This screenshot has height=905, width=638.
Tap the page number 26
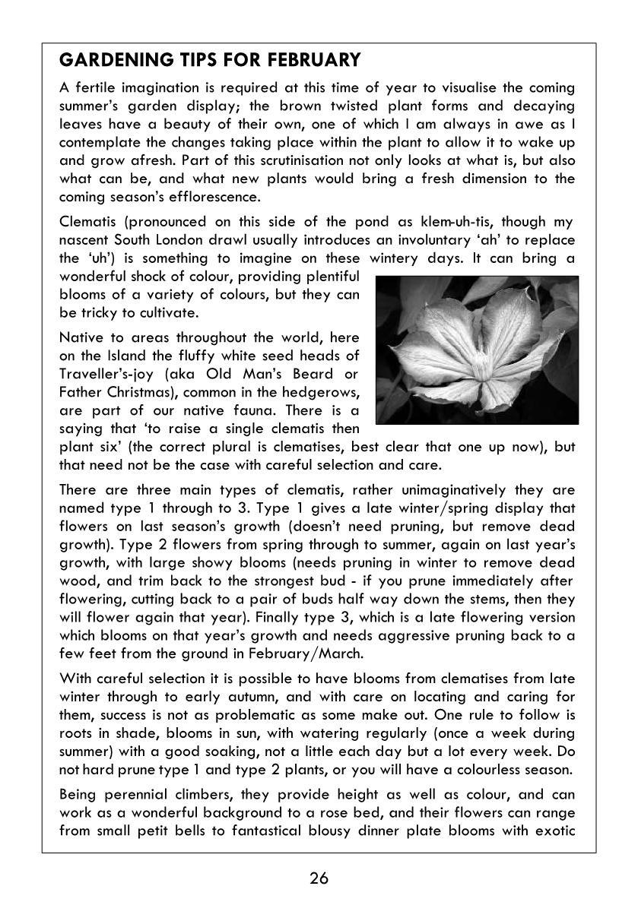319,878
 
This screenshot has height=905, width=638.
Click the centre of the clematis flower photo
477,350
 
